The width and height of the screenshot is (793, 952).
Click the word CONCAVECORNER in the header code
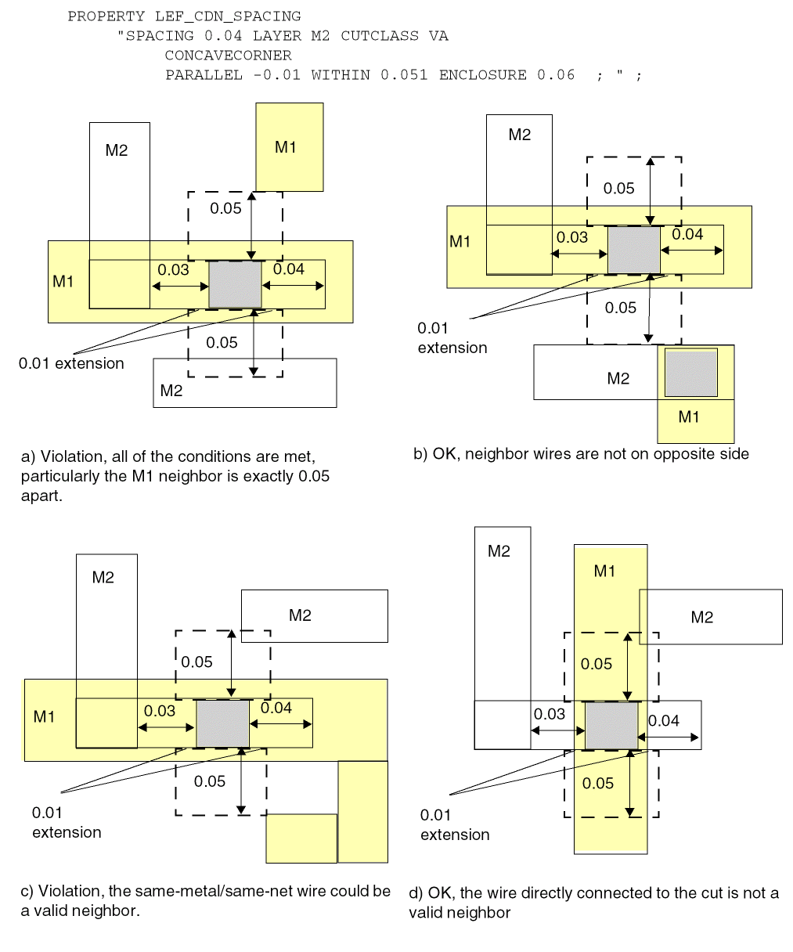(x=228, y=56)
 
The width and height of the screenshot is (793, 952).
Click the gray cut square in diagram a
(x=236, y=285)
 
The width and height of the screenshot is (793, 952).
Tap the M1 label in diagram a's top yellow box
(x=286, y=147)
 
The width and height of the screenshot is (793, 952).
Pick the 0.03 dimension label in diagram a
(x=173, y=270)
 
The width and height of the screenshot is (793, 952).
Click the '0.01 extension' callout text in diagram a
(x=71, y=363)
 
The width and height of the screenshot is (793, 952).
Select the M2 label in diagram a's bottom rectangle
(x=171, y=391)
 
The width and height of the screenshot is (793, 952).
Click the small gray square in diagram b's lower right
(x=691, y=373)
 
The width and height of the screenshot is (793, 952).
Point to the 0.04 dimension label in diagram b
(x=687, y=234)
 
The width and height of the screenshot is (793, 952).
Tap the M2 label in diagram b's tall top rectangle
(x=520, y=135)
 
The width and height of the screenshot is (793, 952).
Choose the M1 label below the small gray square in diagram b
(x=689, y=417)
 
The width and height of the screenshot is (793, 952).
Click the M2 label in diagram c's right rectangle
(x=300, y=615)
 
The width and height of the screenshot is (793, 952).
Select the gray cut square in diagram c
(x=223, y=723)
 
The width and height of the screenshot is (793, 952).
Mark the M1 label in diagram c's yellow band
(x=45, y=716)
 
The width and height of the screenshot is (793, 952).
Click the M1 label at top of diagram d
(x=604, y=572)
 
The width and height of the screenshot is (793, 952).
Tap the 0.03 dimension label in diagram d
(x=549, y=714)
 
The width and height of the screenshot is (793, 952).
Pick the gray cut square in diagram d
(x=612, y=726)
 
